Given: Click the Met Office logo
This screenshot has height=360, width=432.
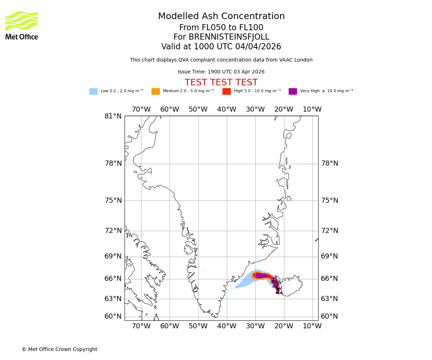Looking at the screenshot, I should coord(22,25).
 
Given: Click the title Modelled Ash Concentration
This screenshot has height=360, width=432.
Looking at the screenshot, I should coord(221,16).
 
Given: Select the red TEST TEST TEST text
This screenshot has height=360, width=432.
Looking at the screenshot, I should coord(221,82).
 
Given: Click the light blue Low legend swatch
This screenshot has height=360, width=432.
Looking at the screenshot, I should coord(93,91).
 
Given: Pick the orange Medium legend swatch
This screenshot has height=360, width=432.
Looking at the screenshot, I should coord(156,91).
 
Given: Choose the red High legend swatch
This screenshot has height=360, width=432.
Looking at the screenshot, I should coord(226,91).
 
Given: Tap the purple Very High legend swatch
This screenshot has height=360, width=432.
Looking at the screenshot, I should coord(293,91).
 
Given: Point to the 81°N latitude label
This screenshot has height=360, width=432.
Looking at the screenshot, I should coord(113,116).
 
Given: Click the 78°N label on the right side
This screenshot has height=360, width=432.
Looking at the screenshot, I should coord(329,163).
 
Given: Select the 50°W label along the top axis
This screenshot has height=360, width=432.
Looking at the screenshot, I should coord(198,109).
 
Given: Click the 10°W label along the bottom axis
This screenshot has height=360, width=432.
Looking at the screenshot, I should coord(312,326).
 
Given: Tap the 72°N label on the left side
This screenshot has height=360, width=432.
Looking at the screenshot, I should coord(113,231).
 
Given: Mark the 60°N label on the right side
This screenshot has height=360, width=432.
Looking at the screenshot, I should coord(329,316).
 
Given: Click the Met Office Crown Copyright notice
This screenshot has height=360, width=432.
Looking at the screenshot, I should coord(59,349).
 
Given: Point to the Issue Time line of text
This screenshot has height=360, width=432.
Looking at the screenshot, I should coord(221,72).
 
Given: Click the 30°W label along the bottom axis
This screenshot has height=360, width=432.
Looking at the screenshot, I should coord(255,326).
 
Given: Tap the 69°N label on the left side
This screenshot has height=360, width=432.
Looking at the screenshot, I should coord(113,256).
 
